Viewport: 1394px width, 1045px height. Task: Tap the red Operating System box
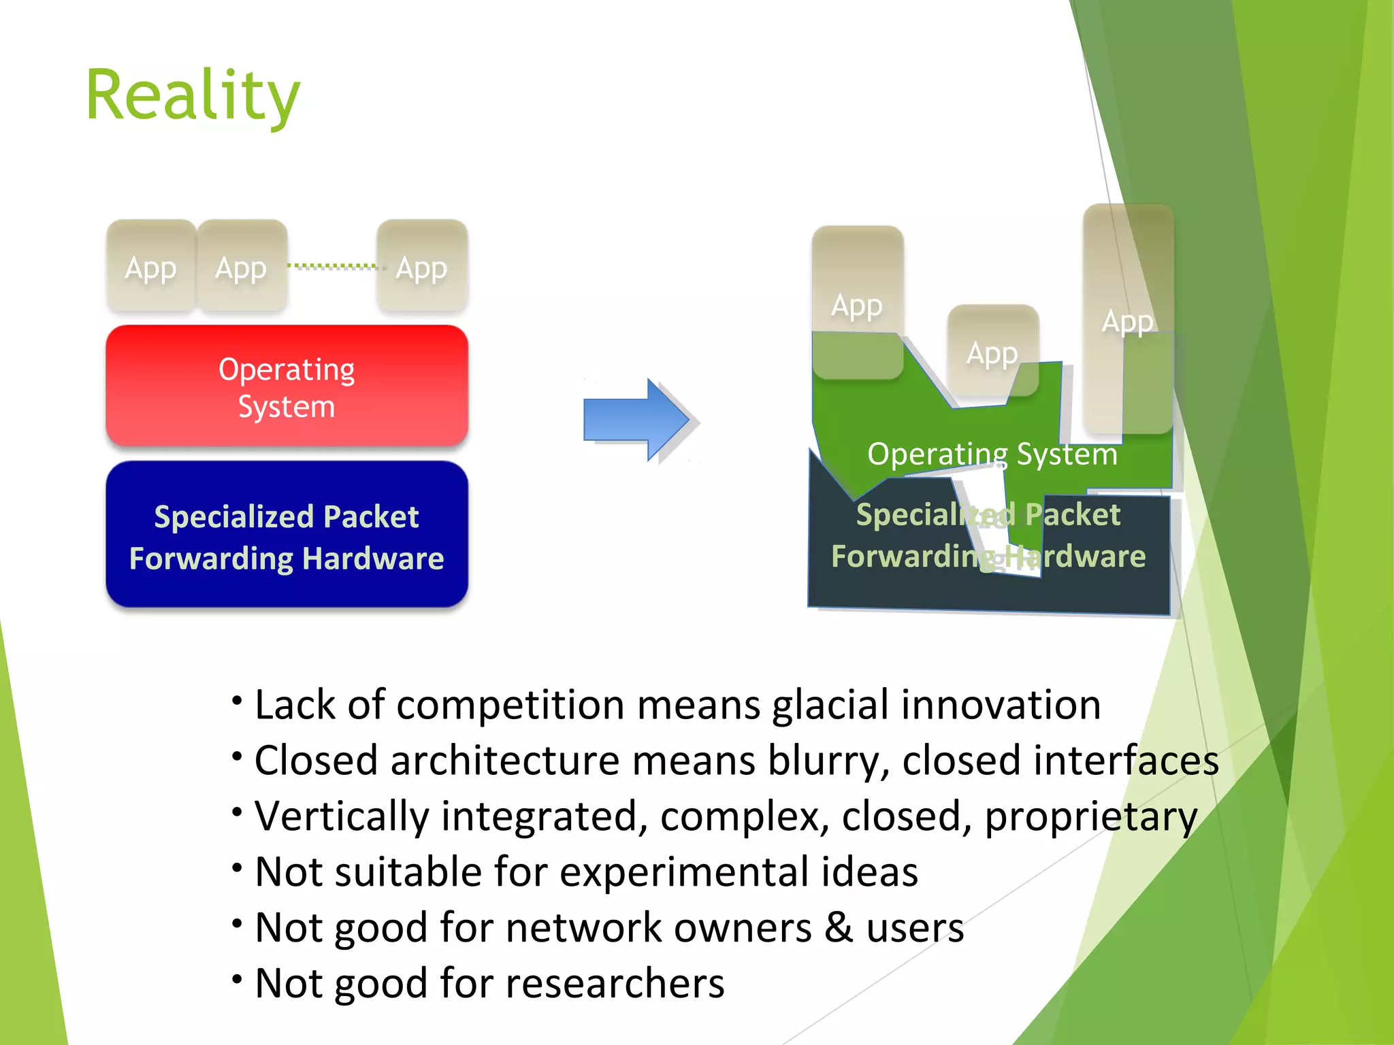click(287, 386)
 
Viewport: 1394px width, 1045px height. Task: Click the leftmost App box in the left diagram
click(151, 267)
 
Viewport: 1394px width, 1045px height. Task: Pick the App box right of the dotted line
click(422, 267)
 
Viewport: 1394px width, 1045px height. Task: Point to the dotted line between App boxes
click(331, 266)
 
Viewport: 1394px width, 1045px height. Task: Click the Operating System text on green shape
click(992, 454)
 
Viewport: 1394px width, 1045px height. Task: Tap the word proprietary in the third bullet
click(1090, 817)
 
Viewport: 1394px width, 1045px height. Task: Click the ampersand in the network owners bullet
click(839, 927)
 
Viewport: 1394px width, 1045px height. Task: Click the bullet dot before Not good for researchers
click(237, 979)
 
